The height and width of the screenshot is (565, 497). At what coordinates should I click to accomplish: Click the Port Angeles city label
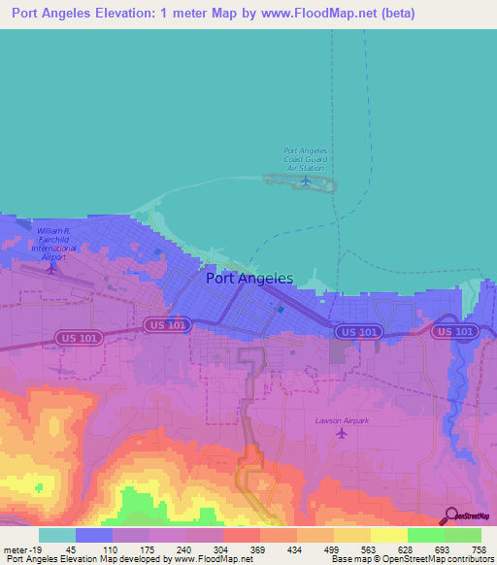click(x=249, y=278)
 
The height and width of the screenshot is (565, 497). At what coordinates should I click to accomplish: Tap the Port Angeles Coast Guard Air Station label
click(x=306, y=159)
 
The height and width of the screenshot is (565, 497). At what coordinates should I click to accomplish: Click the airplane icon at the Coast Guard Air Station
click(x=307, y=180)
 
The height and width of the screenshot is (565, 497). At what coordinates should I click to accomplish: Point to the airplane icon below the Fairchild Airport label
click(x=52, y=267)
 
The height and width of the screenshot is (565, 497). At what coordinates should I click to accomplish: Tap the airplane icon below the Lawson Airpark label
click(x=340, y=433)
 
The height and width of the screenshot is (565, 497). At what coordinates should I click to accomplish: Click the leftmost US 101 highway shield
click(x=164, y=324)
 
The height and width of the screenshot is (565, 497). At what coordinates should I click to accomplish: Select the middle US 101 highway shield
click(x=359, y=332)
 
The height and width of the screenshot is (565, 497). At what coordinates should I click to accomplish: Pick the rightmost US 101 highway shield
click(x=455, y=331)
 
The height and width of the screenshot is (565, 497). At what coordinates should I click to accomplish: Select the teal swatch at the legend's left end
click(x=56, y=535)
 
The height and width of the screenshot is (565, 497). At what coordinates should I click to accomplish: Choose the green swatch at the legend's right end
click(x=462, y=535)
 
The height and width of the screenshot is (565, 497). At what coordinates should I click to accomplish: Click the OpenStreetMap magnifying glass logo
click(x=450, y=515)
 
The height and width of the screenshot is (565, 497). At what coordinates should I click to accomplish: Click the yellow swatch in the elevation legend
click(x=388, y=535)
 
